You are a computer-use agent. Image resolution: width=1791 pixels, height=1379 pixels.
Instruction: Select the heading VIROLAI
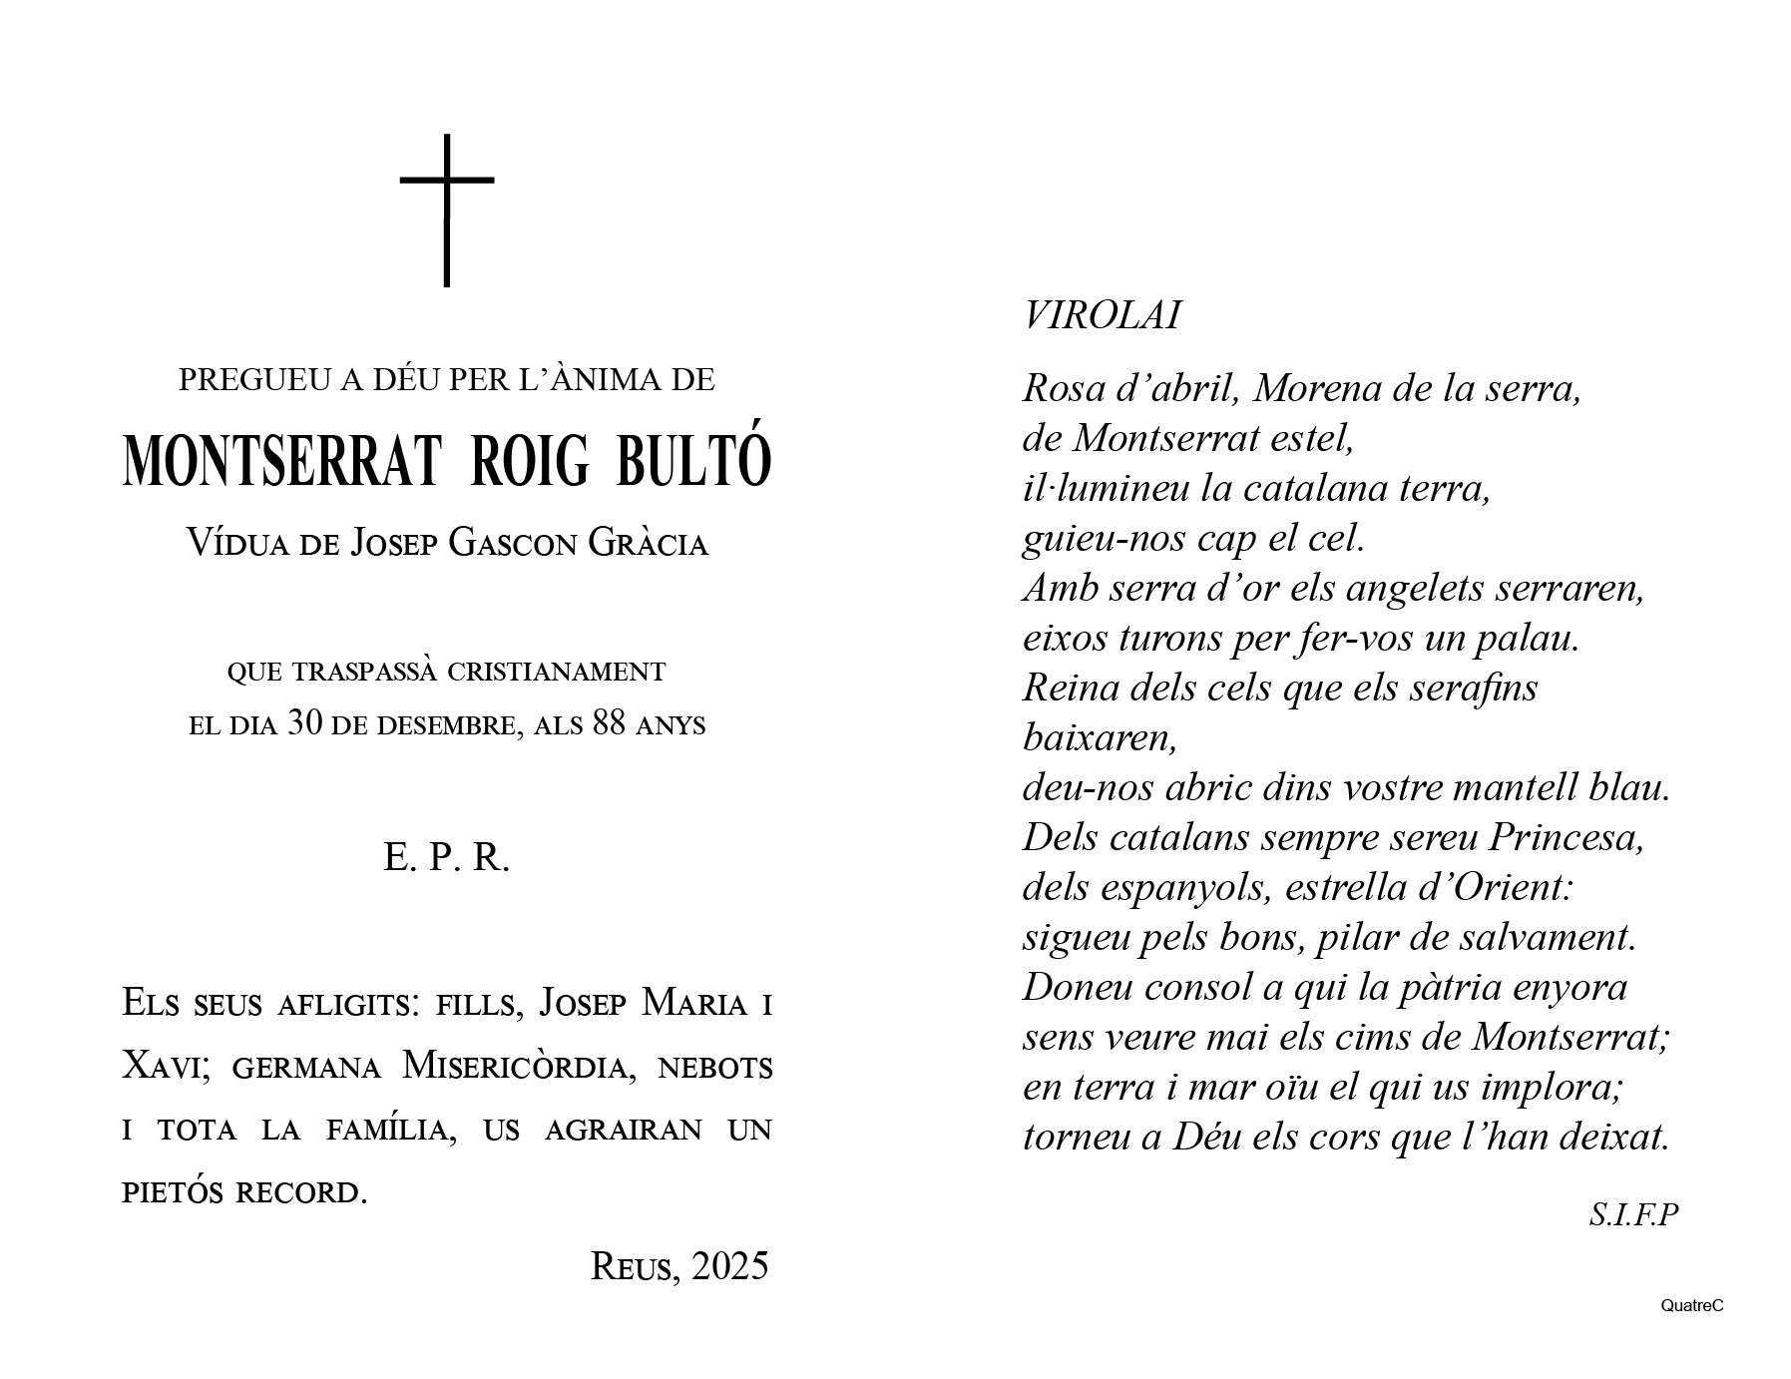[x=1102, y=316]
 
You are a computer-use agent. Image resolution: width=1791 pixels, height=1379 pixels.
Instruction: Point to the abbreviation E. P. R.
[x=446, y=857]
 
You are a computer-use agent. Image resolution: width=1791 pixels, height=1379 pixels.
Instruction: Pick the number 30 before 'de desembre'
[x=304, y=723]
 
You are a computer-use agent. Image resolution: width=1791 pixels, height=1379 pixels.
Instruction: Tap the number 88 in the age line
[x=610, y=723]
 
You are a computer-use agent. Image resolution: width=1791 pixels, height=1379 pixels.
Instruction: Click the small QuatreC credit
[x=1692, y=1305]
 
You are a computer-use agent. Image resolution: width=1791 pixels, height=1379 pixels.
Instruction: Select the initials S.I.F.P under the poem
[x=1633, y=1214]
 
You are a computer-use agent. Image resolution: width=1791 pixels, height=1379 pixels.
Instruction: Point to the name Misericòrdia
[x=518, y=1067]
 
